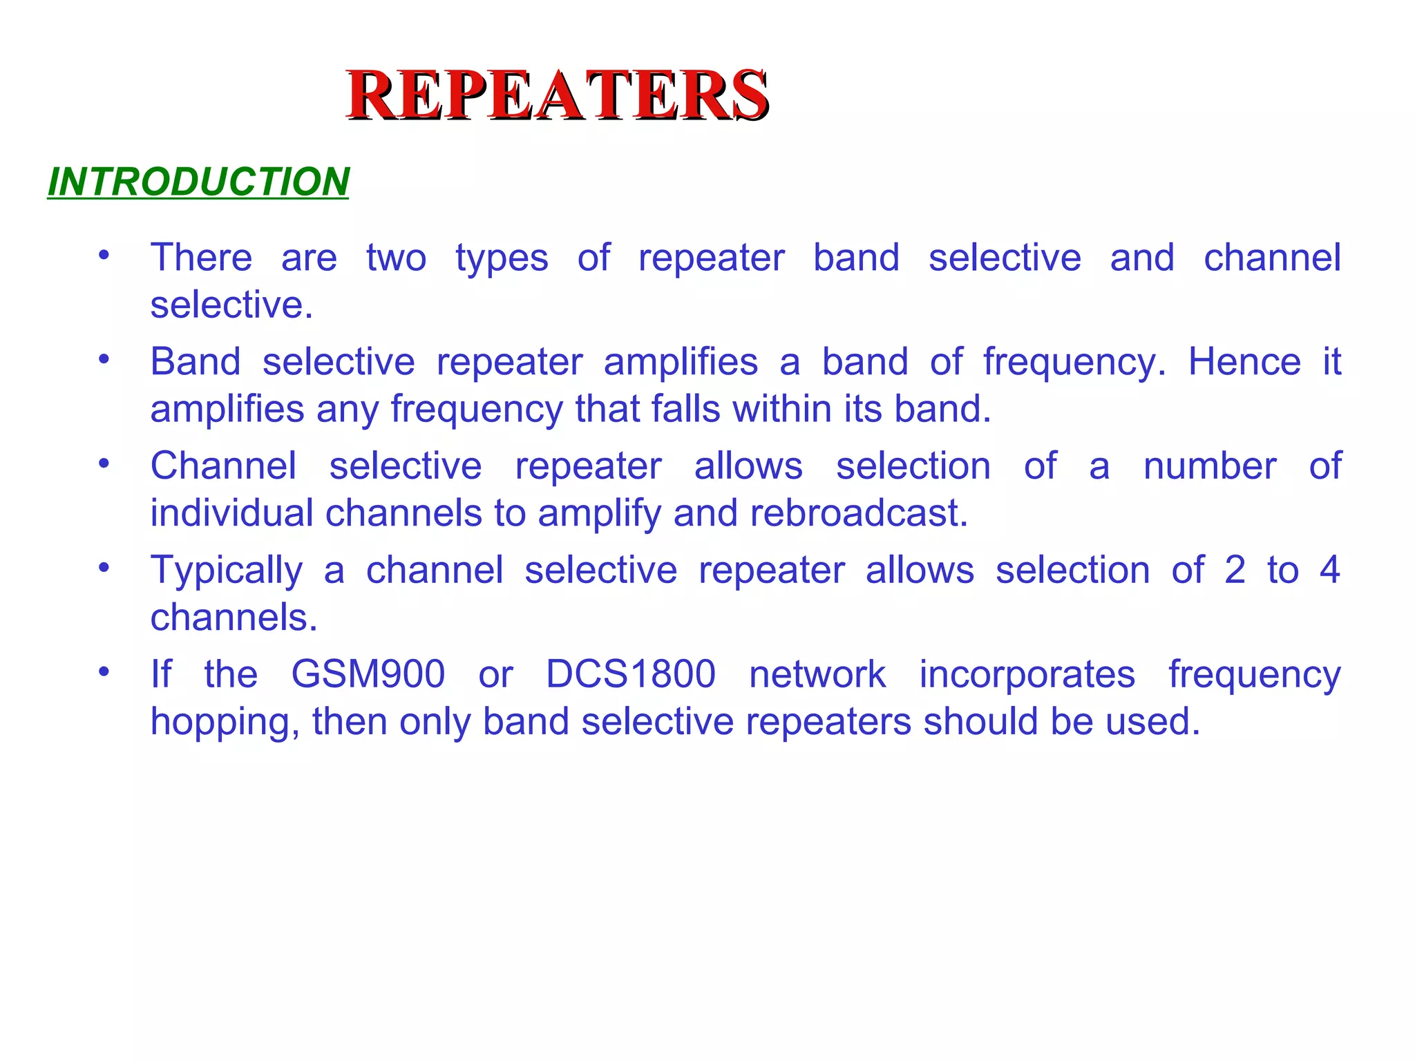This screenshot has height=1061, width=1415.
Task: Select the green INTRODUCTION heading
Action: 198,182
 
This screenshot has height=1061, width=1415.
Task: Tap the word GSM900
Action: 368,674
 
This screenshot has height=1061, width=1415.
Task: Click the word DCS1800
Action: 631,674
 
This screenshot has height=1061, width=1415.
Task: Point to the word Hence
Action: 1244,362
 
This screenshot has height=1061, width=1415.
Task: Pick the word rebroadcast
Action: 859,513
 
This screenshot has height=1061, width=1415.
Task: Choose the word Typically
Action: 227,571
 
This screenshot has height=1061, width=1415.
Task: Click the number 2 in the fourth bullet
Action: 1235,571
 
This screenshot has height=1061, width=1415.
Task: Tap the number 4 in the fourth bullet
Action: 1329,571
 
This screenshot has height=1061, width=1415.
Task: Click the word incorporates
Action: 1027,674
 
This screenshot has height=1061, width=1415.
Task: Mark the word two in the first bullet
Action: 396,258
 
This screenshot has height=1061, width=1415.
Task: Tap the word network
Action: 817,674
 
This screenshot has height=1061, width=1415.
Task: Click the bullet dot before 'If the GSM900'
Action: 104,671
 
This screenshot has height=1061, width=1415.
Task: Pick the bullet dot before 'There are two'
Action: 104,256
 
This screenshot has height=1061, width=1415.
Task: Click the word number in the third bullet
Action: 1210,466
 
